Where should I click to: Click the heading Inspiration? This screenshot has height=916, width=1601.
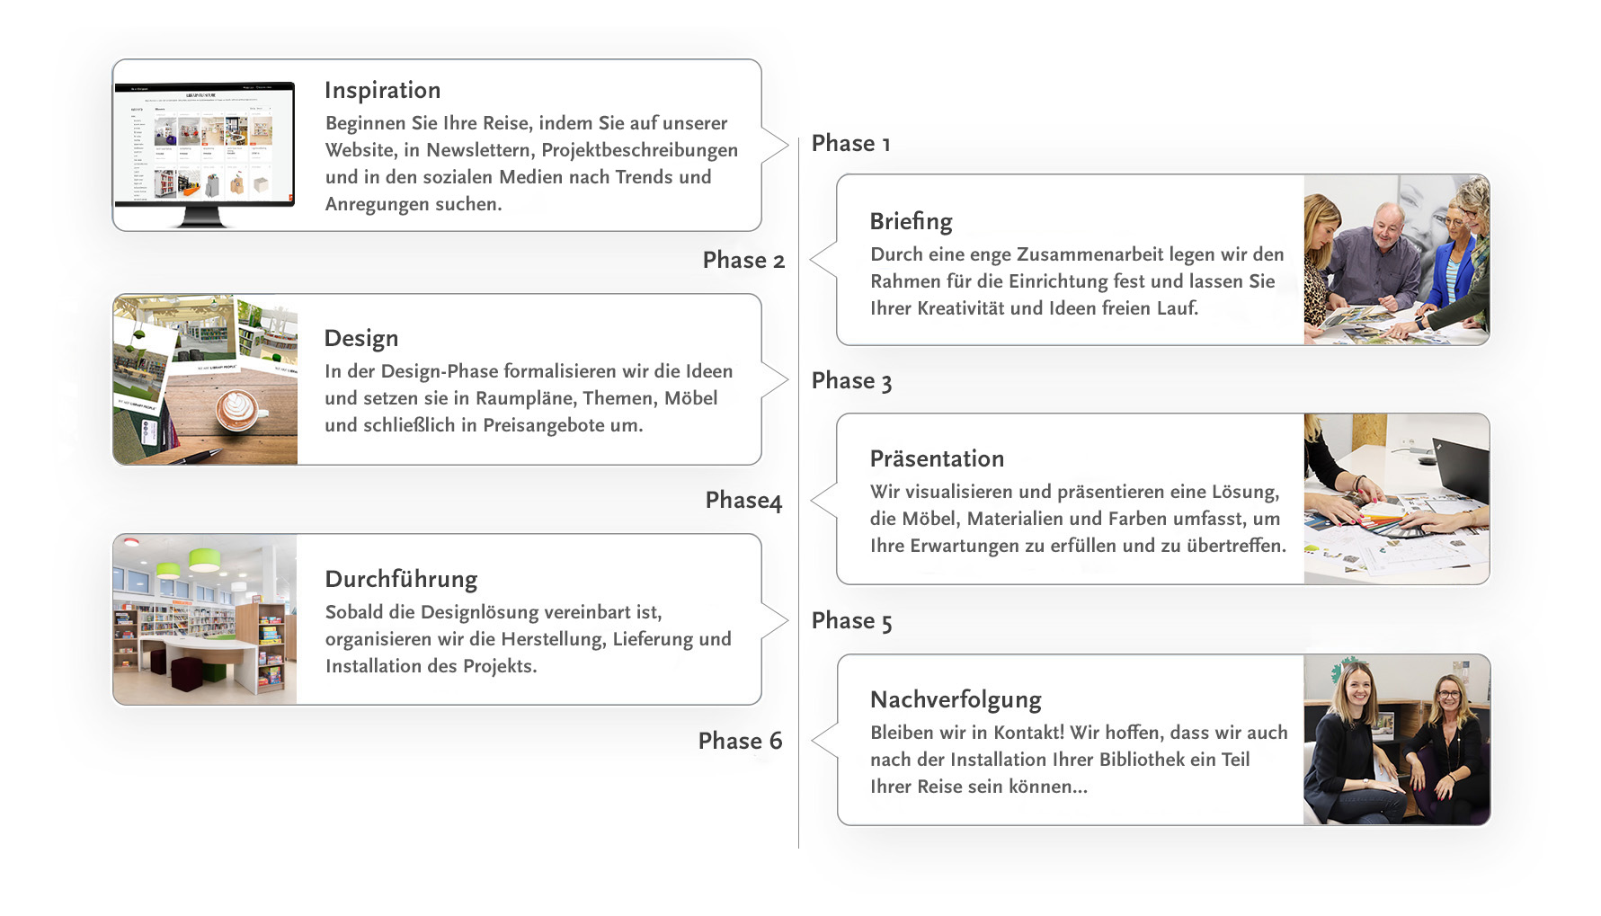pyautogui.click(x=382, y=91)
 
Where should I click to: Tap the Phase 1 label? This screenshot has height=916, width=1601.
pyautogui.click(x=850, y=144)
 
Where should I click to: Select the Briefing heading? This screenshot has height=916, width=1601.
pyautogui.click(x=911, y=222)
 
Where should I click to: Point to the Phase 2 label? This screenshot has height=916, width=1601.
pyautogui.click(x=743, y=261)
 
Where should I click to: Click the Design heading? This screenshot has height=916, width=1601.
pyautogui.click(x=360, y=339)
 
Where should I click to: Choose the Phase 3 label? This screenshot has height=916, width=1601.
pyautogui.click(x=851, y=381)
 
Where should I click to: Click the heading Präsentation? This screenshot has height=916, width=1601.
pyautogui.click(x=937, y=459)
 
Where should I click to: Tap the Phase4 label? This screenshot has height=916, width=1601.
pyautogui.click(x=743, y=501)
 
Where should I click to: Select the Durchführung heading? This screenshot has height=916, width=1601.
pyautogui.click(x=401, y=580)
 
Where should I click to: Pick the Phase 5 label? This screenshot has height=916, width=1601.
pyautogui.click(x=851, y=621)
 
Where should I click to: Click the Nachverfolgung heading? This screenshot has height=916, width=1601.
pyautogui.click(x=956, y=700)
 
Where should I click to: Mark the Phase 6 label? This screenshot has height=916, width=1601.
pyautogui.click(x=740, y=742)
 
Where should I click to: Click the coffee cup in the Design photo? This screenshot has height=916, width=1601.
pyautogui.click(x=237, y=410)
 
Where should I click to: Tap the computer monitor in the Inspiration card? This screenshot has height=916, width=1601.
pyautogui.click(x=204, y=148)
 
